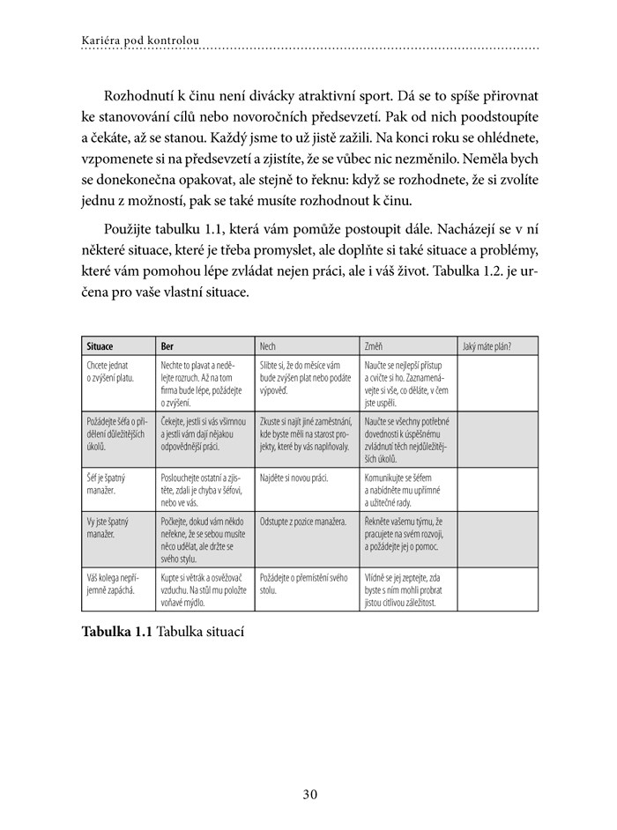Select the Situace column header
(100, 346)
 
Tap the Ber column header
(167, 346)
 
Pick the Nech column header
(268, 346)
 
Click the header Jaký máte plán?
(487, 346)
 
